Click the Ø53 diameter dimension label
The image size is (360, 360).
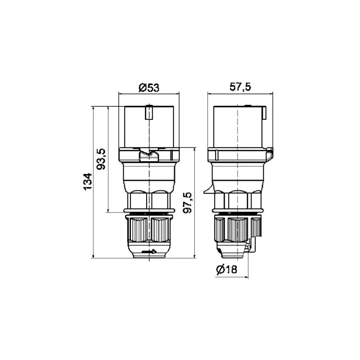tap(148, 88)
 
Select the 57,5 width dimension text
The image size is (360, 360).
tap(240, 88)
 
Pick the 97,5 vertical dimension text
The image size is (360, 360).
tap(188, 202)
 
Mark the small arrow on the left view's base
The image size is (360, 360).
tap(149, 252)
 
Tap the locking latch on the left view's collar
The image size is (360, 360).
tap(148, 156)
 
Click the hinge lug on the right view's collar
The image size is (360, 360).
tap(270, 155)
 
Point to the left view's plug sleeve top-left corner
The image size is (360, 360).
tap(124, 107)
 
